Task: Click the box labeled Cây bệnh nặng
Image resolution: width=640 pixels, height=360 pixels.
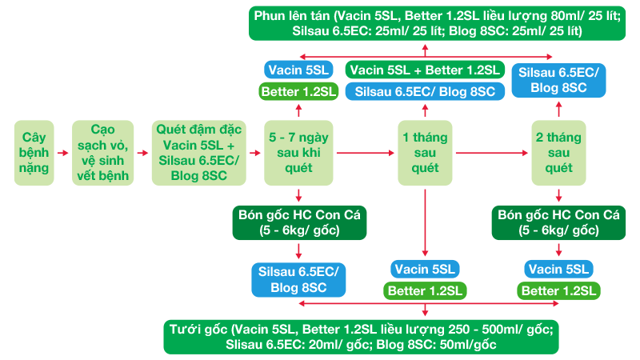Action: (35, 152)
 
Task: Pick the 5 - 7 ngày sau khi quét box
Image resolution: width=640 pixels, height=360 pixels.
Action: (299, 152)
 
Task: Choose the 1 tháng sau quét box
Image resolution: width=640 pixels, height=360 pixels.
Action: (425, 152)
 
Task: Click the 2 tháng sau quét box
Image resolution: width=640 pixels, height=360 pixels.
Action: (558, 152)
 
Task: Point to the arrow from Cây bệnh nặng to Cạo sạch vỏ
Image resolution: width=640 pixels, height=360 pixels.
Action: (64, 152)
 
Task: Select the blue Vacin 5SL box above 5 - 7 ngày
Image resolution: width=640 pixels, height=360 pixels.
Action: (298, 70)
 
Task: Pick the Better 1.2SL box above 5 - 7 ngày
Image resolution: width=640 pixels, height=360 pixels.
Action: (298, 92)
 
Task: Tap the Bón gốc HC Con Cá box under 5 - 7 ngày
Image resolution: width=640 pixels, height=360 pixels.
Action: (298, 222)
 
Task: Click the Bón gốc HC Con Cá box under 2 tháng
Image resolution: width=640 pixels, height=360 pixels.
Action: (558, 222)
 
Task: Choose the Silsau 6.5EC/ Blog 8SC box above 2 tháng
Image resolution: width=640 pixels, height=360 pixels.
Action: (558, 80)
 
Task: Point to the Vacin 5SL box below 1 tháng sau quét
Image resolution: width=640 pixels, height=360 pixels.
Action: (425, 268)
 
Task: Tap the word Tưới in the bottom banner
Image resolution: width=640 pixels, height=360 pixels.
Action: (187, 328)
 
